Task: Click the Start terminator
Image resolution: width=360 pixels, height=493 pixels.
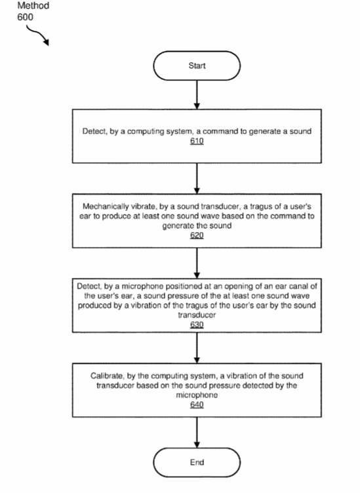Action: click(x=197, y=66)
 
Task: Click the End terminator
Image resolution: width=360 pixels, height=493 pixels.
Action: click(x=197, y=462)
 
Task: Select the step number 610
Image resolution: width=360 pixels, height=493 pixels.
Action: click(x=197, y=141)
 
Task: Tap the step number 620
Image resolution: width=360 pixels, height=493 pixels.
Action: click(x=197, y=235)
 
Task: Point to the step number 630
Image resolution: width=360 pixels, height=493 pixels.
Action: click(x=197, y=325)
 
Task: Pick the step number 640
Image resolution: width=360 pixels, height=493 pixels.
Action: click(x=197, y=404)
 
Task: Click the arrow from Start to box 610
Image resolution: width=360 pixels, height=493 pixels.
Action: click(x=197, y=94)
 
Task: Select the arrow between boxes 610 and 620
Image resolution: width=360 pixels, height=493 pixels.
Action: click(x=197, y=178)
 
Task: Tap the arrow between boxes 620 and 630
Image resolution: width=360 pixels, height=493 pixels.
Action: click(x=197, y=263)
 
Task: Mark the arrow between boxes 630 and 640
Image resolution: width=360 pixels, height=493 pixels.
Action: click(x=197, y=347)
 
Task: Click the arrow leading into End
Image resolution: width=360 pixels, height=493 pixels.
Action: click(x=197, y=433)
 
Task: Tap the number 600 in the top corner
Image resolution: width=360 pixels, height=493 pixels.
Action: click(x=25, y=17)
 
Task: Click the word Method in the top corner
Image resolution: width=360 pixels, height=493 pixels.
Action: click(x=33, y=5)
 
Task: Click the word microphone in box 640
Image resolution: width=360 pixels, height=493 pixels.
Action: click(x=197, y=395)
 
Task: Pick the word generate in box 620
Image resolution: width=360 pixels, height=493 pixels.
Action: click(x=177, y=226)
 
